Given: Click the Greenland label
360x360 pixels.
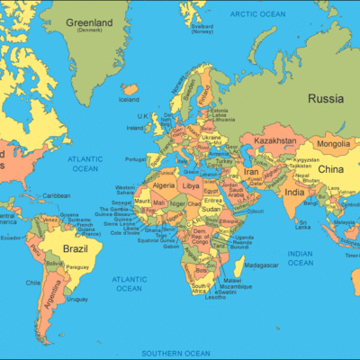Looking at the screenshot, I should (x=89, y=22).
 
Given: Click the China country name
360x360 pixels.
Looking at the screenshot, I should (x=331, y=169).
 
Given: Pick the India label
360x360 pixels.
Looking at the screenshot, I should (x=294, y=192).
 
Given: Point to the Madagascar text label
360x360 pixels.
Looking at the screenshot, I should (x=261, y=265).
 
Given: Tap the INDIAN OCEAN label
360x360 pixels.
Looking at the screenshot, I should (x=300, y=259).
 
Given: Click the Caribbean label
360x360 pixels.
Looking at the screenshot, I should (x=56, y=195).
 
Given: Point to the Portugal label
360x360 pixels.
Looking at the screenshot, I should (x=136, y=159).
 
